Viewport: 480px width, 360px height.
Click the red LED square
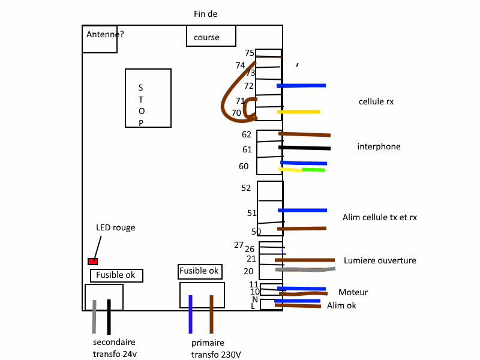93,262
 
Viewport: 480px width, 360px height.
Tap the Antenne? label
105,34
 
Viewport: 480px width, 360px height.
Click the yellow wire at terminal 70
298,112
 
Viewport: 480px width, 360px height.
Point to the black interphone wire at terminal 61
305,148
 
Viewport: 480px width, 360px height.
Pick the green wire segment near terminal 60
313,170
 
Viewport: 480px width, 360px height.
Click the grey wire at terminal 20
305,269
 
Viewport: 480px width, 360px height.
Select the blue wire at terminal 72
301,86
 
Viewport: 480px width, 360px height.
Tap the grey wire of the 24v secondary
94,317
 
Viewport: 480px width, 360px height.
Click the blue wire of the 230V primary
190,314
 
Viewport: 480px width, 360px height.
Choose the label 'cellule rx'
376,101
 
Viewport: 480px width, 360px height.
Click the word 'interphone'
379,146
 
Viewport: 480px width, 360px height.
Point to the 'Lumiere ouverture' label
380,260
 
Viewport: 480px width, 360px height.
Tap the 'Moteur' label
353,292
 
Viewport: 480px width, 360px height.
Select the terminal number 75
250,53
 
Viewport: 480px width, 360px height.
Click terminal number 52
246,188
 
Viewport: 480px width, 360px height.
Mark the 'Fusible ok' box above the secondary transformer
116,275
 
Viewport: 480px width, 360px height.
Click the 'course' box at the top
211,36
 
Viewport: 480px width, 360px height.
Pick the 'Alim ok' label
341,305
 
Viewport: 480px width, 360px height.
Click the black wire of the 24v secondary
109,317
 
